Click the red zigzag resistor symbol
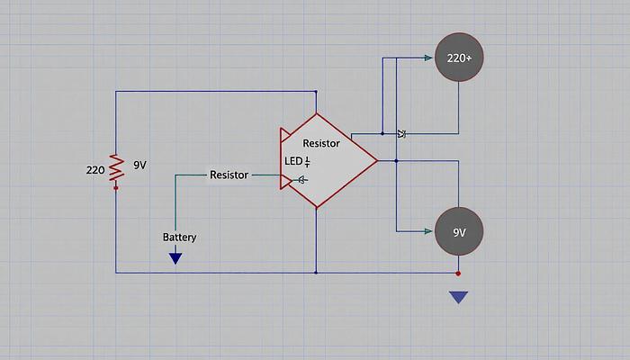[116, 167]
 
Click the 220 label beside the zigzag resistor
[95, 170]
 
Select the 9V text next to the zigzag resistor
[139, 165]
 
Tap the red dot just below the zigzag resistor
[116, 187]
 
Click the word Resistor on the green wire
[229, 175]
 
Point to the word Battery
[180, 237]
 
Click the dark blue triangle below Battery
[175, 258]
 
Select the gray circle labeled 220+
[459, 58]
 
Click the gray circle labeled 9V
[459, 231]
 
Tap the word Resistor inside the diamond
[321, 143]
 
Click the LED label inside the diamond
[293, 161]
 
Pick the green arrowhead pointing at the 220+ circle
[428, 58]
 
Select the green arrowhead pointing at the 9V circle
[428, 231]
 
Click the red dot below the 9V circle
[458, 274]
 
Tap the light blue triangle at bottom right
[458, 297]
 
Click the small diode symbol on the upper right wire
[401, 134]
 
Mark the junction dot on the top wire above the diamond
[316, 92]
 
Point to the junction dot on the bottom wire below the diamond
[316, 273]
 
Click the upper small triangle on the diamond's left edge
[285, 135]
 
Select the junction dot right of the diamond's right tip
[396, 161]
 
